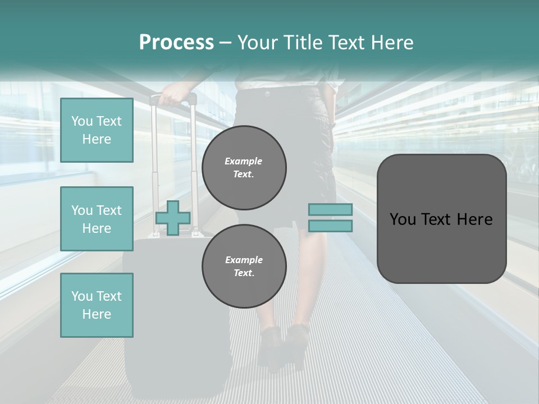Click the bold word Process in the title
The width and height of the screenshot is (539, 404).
(176, 43)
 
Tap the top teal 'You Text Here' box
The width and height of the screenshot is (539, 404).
(97, 130)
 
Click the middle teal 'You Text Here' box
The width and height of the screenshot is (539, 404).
(97, 219)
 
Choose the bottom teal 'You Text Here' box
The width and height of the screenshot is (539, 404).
(97, 305)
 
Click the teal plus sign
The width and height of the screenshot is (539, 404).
(173, 218)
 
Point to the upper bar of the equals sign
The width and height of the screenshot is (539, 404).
(330, 210)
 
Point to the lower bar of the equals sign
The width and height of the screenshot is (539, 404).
(330, 226)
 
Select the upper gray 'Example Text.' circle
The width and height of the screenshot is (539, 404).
(244, 167)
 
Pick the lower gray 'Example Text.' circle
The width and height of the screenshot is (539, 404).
(244, 266)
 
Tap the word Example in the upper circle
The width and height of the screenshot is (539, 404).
(244, 161)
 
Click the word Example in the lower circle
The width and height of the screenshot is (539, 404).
(244, 260)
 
